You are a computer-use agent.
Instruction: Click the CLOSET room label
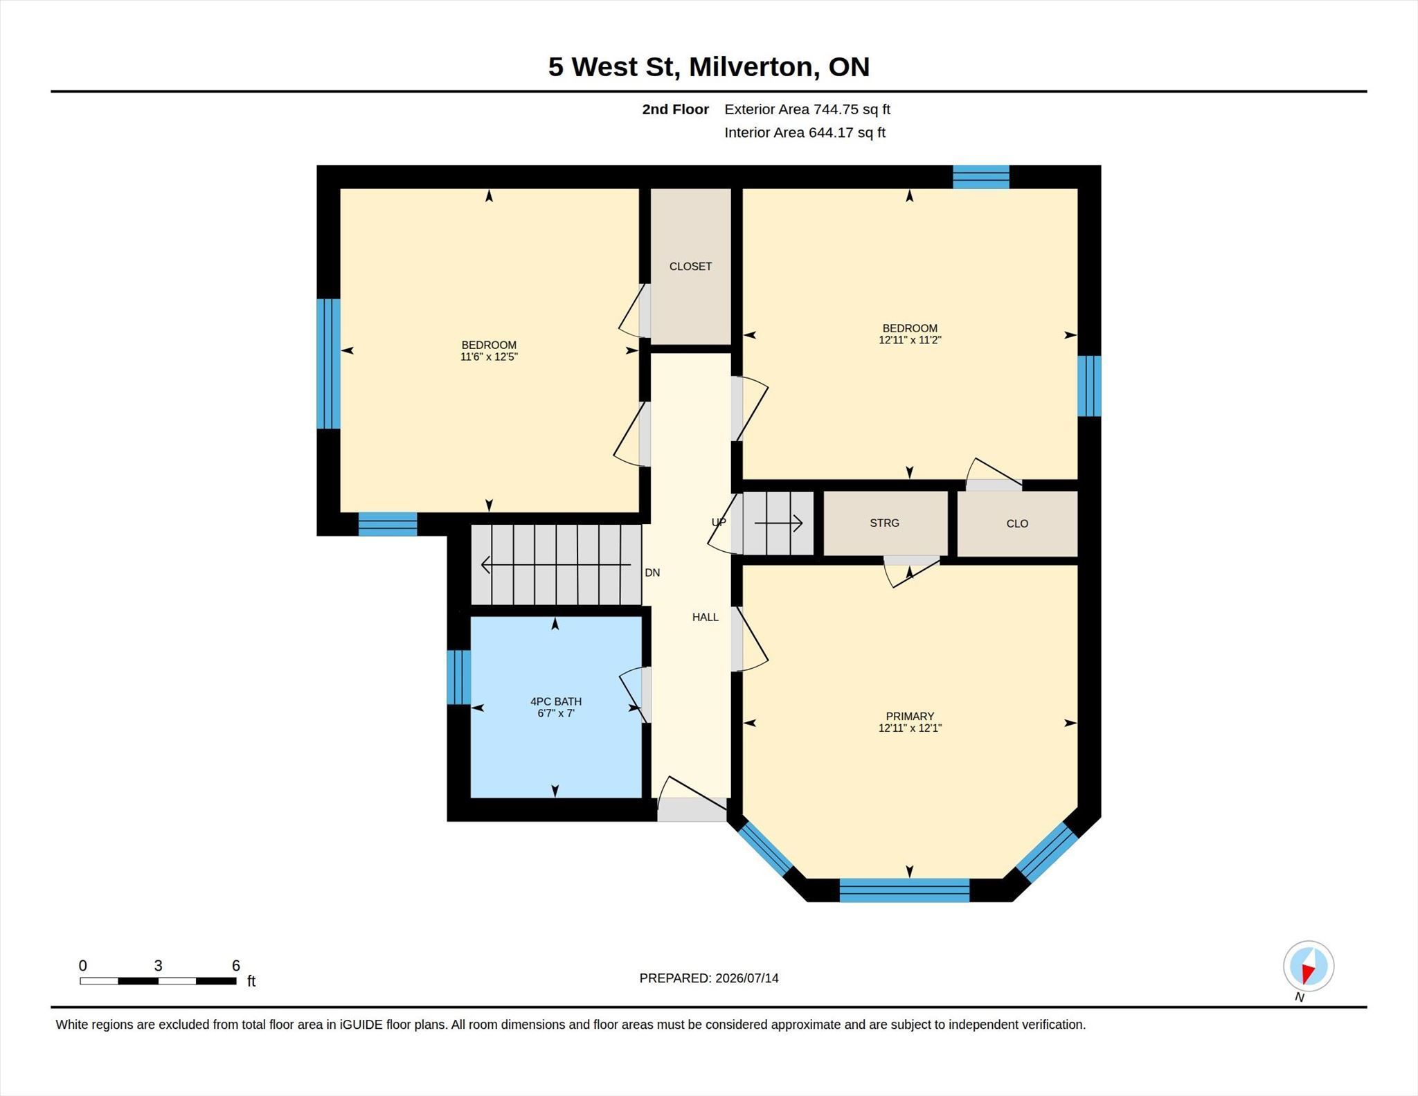(x=690, y=267)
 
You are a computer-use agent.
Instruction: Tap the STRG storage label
(x=884, y=523)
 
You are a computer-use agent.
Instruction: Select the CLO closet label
(x=1017, y=524)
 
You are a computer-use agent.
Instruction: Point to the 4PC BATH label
(x=556, y=701)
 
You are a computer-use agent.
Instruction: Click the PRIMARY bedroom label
(x=910, y=717)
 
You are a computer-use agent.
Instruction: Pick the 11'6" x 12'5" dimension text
(x=489, y=357)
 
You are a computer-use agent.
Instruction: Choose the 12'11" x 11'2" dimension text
(x=910, y=340)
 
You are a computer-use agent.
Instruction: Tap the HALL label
(x=706, y=618)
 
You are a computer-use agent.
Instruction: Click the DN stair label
(x=652, y=573)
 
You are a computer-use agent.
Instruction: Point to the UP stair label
(x=719, y=523)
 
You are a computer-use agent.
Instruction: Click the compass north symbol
(x=1308, y=967)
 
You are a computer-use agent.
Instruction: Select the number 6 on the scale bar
(x=235, y=966)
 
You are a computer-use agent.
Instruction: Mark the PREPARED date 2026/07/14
(x=747, y=978)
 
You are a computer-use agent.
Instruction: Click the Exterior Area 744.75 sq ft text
(x=807, y=109)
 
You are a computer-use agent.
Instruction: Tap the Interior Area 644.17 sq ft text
(x=805, y=133)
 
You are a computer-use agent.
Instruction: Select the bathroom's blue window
(x=458, y=677)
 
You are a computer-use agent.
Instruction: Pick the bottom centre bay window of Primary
(x=904, y=890)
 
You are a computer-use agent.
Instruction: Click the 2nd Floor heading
(x=675, y=109)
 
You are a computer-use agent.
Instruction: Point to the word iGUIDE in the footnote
(x=361, y=1025)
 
